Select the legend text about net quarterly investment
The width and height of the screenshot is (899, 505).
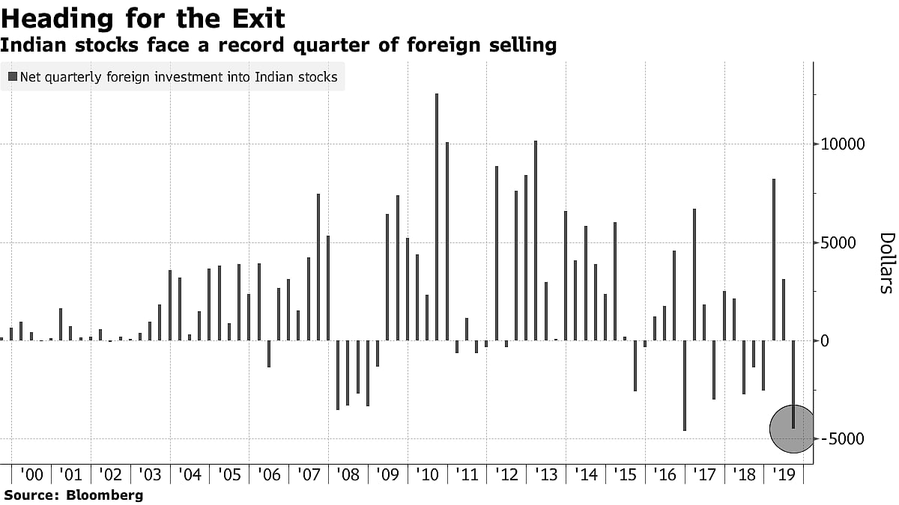[178, 77]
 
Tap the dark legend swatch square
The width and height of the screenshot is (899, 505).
[13, 77]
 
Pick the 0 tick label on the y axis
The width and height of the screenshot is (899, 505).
[825, 341]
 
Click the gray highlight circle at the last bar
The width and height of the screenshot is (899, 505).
[792, 429]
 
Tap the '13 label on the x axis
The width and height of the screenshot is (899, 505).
[545, 474]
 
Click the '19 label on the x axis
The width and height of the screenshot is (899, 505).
[783, 474]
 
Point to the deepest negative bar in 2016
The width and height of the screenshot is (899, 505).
[684, 385]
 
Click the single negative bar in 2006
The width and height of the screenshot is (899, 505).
[269, 354]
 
